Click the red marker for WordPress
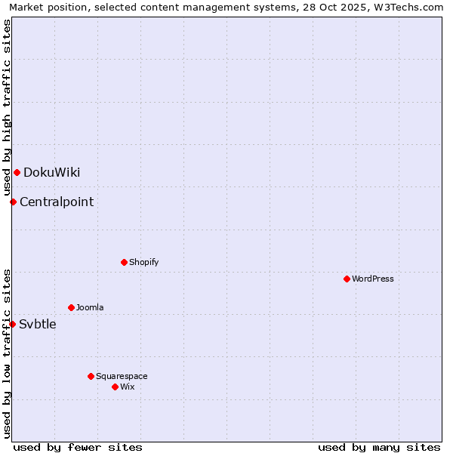(347, 279)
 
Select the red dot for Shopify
(124, 262)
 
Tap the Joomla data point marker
(71, 307)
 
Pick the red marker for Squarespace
(91, 376)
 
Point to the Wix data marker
(115, 387)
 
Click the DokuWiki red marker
(17, 172)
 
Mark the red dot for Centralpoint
(13, 202)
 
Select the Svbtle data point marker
(12, 324)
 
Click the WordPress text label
(373, 279)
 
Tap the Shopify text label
(143, 262)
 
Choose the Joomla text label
(90, 307)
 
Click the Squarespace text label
(122, 376)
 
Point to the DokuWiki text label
(51, 172)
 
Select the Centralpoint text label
(57, 202)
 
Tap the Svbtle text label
(38, 324)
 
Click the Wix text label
(127, 387)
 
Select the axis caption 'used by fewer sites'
(78, 447)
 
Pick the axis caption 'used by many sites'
(379, 447)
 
